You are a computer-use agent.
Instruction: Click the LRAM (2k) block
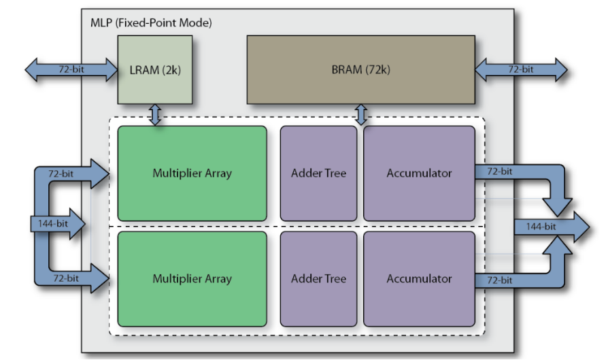154,70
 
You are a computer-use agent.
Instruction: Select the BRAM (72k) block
360,70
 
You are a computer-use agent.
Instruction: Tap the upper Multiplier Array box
192,174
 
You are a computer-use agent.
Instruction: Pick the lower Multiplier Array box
192,279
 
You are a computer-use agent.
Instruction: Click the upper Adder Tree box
318,174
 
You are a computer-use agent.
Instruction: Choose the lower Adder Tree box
318,279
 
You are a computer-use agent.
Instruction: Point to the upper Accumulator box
419,174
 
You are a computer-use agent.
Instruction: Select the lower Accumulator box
419,279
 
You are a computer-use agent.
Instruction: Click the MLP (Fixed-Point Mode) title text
151,23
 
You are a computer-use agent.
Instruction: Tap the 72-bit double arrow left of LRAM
71,70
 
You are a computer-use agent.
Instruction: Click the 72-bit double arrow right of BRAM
521,70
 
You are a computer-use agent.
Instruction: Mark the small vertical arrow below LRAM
155,115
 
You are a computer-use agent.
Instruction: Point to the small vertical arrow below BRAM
361,115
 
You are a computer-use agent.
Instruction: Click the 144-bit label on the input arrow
53,224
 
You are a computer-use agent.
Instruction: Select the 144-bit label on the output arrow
541,227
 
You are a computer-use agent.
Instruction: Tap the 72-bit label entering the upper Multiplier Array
61,174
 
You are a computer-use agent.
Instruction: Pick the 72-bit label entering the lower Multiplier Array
66,278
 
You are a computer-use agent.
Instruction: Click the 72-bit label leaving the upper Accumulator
500,171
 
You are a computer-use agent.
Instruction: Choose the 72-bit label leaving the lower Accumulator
500,280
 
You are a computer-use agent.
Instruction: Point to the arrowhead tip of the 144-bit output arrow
590,227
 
